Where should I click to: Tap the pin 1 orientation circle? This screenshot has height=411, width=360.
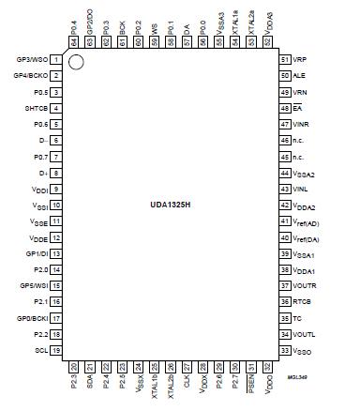[x=79, y=64]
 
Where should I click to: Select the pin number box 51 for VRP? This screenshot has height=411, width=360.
[x=284, y=59]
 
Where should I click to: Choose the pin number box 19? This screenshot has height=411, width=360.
[x=56, y=350]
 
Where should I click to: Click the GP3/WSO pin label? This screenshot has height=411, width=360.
[x=32, y=59]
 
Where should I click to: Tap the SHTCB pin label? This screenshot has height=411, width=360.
[x=36, y=108]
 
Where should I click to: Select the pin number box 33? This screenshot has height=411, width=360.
[x=284, y=350]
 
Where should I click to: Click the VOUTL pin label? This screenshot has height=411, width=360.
[x=305, y=334]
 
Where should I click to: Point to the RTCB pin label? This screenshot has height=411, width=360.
[x=303, y=301]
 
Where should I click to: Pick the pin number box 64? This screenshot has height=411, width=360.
[x=73, y=42]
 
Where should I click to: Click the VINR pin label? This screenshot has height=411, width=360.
[x=302, y=124]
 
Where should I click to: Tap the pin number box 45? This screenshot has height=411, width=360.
[x=284, y=157]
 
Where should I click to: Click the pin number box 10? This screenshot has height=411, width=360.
[x=56, y=205]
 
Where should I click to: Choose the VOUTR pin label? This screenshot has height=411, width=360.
[x=305, y=285]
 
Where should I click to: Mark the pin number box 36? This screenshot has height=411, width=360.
[x=284, y=301]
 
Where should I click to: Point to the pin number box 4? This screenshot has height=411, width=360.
[x=56, y=108]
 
